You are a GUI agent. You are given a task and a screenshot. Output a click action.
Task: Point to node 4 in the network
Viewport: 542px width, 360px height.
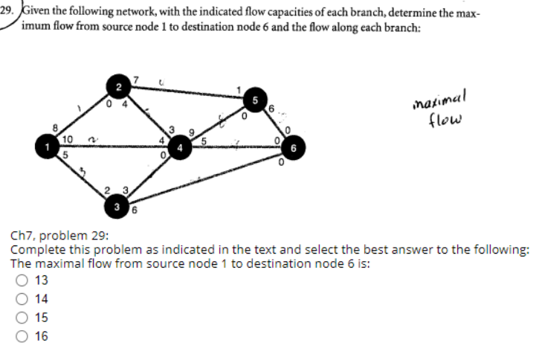pyautogui.click(x=179, y=147)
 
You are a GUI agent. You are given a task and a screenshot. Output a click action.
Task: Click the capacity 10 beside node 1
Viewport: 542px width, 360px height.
pyautogui.click(x=67, y=140)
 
